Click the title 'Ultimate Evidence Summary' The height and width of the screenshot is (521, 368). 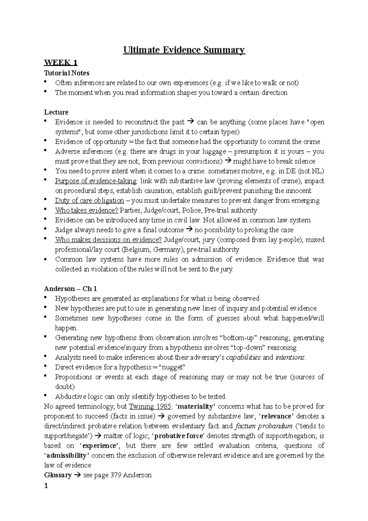pos(184,50)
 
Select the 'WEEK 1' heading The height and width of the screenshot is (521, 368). pos(60,63)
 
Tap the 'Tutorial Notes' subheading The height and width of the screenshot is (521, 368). pos(67,73)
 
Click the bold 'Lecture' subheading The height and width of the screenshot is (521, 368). pos(56,112)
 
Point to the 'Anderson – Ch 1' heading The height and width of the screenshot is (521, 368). pos(71,289)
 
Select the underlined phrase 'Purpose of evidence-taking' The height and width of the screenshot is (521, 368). pos(96,181)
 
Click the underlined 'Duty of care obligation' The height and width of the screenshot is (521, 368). pos(89,201)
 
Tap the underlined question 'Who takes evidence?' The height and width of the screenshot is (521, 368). pos(86,210)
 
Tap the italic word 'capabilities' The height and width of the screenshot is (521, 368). pos(243,357)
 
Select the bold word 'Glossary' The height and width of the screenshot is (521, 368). pos(58,475)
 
